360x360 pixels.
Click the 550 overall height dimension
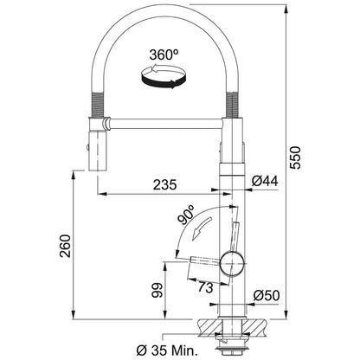tap(295, 157)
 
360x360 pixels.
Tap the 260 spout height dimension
tap(65, 246)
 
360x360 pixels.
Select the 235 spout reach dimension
tap(164, 184)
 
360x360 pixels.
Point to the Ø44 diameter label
tap(265, 181)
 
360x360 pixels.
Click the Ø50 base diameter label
tap(267, 295)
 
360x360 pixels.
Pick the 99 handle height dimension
tap(157, 290)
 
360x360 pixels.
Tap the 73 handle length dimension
tap(206, 287)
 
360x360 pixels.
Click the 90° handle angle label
tap(187, 215)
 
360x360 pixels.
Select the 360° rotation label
tap(164, 55)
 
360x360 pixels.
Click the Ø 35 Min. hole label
tap(167, 350)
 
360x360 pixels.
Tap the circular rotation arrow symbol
tap(164, 76)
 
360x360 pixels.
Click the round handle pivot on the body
tap(233, 263)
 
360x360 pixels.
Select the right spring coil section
tap(233, 105)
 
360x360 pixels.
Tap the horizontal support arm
tap(164, 123)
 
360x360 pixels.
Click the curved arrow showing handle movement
tap(201, 228)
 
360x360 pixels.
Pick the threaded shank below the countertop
tap(230, 338)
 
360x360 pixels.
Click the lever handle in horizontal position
tap(204, 260)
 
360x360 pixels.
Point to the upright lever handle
tap(235, 236)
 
